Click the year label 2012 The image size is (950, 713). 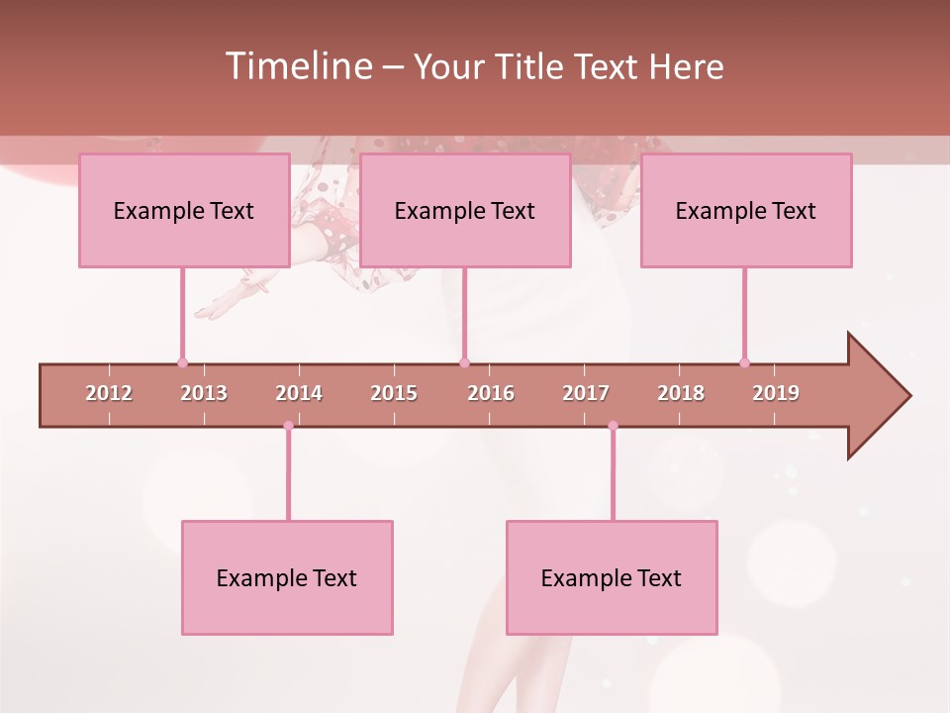pos(109,393)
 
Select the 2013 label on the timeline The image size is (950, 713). pos(204,393)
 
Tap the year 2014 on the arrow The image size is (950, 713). pos(299,393)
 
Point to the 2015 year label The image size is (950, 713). pos(394,393)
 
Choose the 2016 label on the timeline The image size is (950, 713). pos(491,393)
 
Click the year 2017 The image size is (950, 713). pos(586,393)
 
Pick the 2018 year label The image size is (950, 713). pos(681,393)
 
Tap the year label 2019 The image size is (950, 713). pos(776,393)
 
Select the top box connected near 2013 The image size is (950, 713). pos(184,210)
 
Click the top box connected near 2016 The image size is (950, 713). pos(465,210)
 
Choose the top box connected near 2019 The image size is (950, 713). pos(746,210)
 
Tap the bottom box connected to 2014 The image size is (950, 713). pos(287,577)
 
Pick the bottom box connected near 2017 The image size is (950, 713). pos(612,577)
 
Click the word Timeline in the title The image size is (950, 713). pos(297,66)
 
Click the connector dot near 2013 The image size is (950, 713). pos(182,362)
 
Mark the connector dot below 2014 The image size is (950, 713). pos(288,426)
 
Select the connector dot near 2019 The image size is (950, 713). pos(744,362)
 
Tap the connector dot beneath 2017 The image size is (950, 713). pos(613,426)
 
